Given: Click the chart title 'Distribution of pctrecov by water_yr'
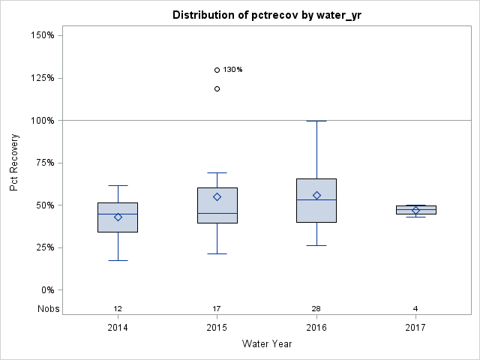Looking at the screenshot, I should click(266, 15).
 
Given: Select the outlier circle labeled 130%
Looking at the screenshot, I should click(217, 70).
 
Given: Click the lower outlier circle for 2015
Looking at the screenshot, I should click(217, 88).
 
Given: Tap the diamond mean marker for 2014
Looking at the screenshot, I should click(118, 217).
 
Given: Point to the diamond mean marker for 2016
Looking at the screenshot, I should click(316, 195).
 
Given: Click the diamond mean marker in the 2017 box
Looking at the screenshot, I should click(415, 210).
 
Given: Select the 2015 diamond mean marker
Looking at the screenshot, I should click(217, 196).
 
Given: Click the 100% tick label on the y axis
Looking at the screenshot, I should click(42, 120).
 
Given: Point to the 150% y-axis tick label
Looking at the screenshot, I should click(42, 35).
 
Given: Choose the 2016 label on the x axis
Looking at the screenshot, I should click(316, 328).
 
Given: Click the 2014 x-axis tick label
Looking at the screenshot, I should click(118, 328).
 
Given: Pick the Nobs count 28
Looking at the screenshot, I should click(316, 309).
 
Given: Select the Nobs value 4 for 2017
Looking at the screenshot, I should click(415, 309).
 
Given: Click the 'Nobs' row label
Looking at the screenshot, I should click(48, 309).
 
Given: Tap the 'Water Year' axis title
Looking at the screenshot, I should click(266, 344).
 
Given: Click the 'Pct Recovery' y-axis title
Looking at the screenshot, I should click(14, 163).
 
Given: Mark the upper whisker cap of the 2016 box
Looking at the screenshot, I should click(316, 121).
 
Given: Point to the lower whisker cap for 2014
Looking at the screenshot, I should click(118, 260).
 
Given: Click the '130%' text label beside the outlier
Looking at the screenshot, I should click(232, 70).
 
